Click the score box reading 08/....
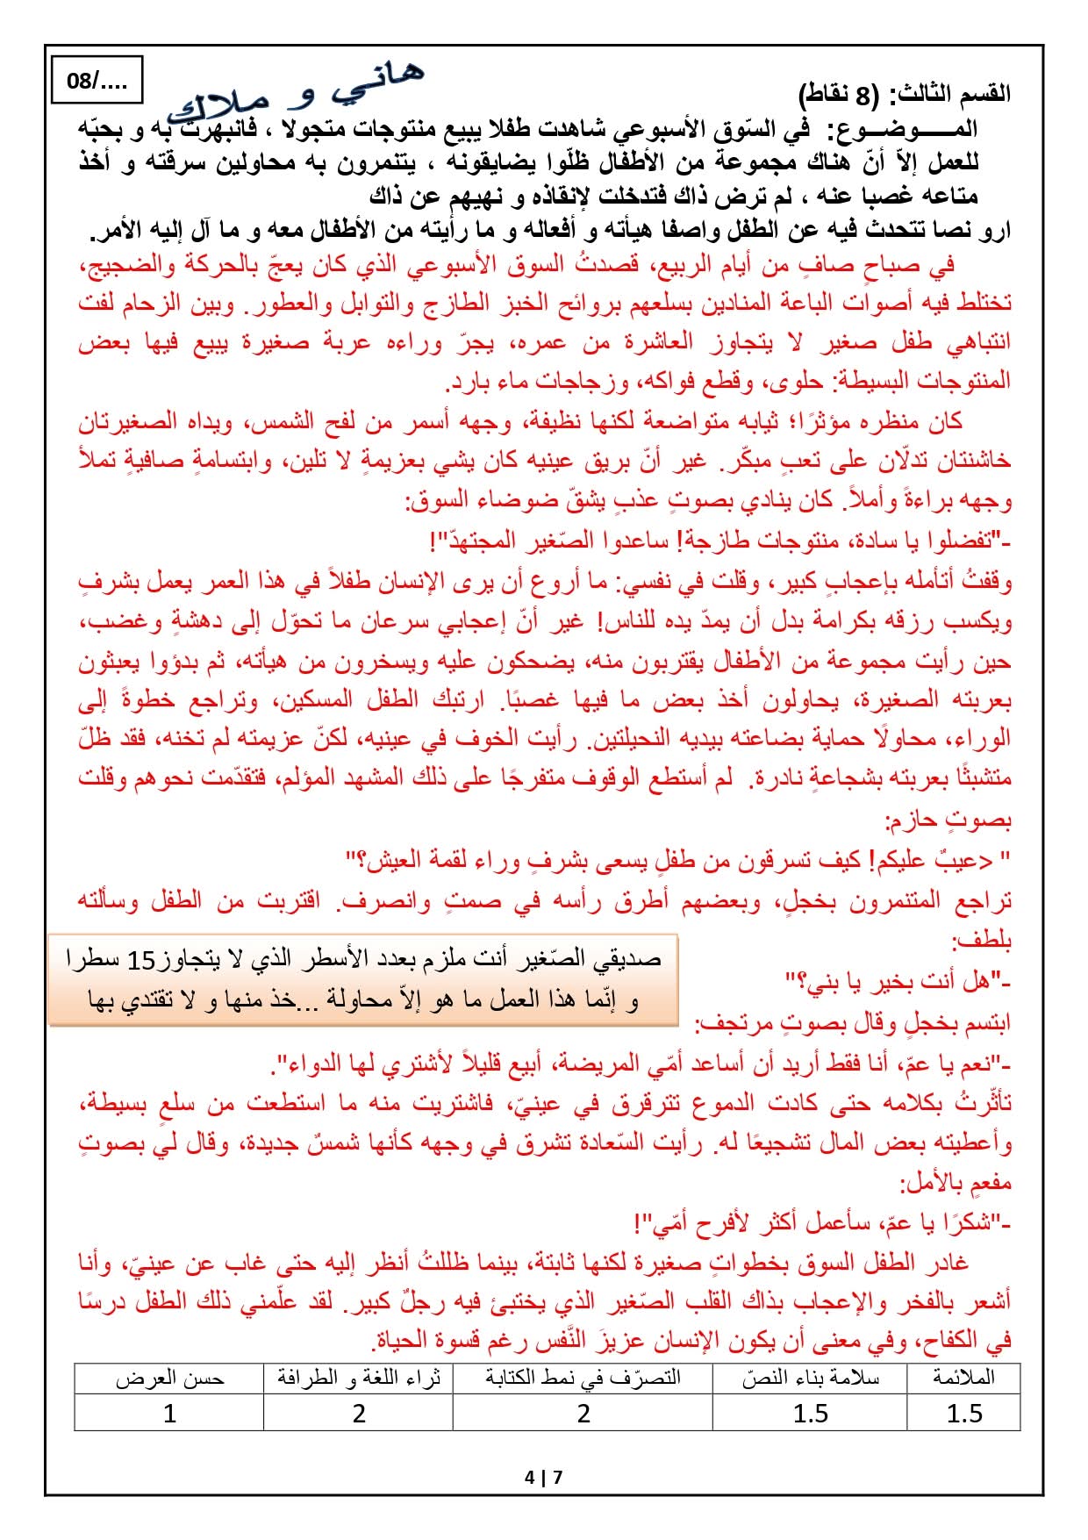[97, 81]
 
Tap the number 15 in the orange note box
[140, 960]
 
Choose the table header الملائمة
[963, 1378]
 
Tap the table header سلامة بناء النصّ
[810, 1378]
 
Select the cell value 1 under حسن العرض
[169, 1413]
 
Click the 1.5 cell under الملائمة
[963, 1413]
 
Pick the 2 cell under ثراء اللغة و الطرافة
[358, 1413]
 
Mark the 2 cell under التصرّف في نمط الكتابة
[583, 1413]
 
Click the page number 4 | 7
[543, 1477]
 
